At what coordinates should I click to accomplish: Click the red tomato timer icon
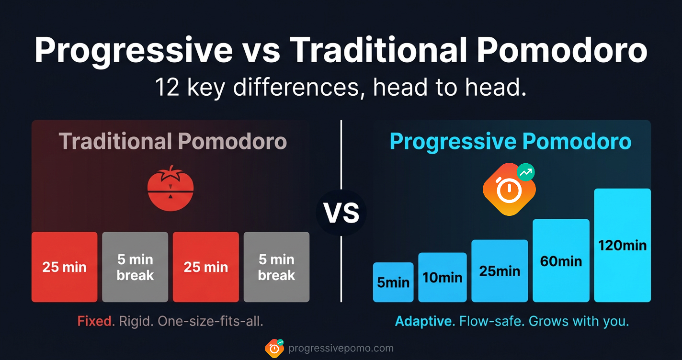pos(170,188)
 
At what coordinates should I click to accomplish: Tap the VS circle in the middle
pos(341,213)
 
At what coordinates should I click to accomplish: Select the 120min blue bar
pos(622,246)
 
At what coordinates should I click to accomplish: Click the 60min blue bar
pos(561,261)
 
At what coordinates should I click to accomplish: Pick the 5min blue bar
pos(393,282)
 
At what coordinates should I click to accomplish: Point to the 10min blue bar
pos(442,277)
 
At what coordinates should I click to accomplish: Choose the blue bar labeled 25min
pos(500,271)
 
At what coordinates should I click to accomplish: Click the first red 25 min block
pos(64,267)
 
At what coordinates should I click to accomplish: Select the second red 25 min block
pos(205,267)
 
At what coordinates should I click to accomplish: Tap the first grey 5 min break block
pos(135,267)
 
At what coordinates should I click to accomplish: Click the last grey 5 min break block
pos(276,267)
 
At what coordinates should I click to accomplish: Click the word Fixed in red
pos(96,321)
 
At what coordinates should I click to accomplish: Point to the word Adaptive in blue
pos(425,321)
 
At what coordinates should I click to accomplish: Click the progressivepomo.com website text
pos(341,348)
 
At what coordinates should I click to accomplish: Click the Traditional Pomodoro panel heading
pos(172,142)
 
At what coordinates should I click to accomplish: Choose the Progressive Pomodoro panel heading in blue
pos(511,142)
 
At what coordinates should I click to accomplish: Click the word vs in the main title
pos(261,50)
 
